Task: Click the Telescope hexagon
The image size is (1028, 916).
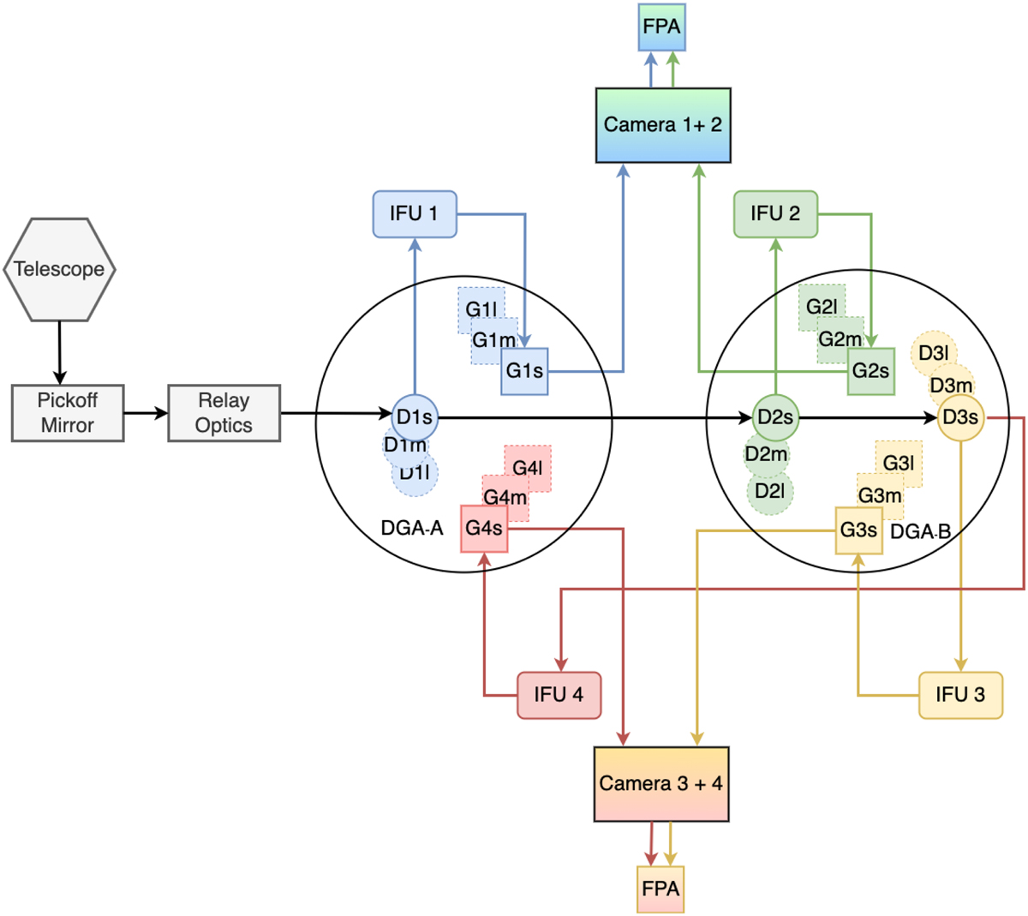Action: tap(60, 269)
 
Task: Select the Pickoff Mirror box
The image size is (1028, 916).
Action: tap(68, 413)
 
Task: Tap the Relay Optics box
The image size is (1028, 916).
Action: tap(224, 413)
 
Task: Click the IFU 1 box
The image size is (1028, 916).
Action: tap(415, 213)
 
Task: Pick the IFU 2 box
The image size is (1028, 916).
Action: tap(775, 213)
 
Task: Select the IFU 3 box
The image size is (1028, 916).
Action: tap(960, 695)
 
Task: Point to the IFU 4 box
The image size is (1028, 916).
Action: tap(559, 695)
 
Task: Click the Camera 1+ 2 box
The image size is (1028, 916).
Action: tap(663, 125)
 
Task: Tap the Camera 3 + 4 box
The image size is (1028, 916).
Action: tap(661, 784)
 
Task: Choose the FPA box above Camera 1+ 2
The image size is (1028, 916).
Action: tap(662, 27)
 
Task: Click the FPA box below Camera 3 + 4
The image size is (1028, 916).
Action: tap(660, 889)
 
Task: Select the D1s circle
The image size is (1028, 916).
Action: tap(415, 418)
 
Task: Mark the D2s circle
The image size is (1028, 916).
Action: tap(775, 418)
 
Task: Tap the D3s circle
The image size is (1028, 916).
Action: tap(960, 417)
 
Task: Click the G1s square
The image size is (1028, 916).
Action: tap(524, 371)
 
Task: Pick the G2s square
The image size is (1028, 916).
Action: tap(871, 371)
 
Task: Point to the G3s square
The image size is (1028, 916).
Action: tap(858, 530)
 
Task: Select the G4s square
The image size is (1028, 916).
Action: tap(484, 528)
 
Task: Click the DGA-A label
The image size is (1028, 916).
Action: tap(412, 528)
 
